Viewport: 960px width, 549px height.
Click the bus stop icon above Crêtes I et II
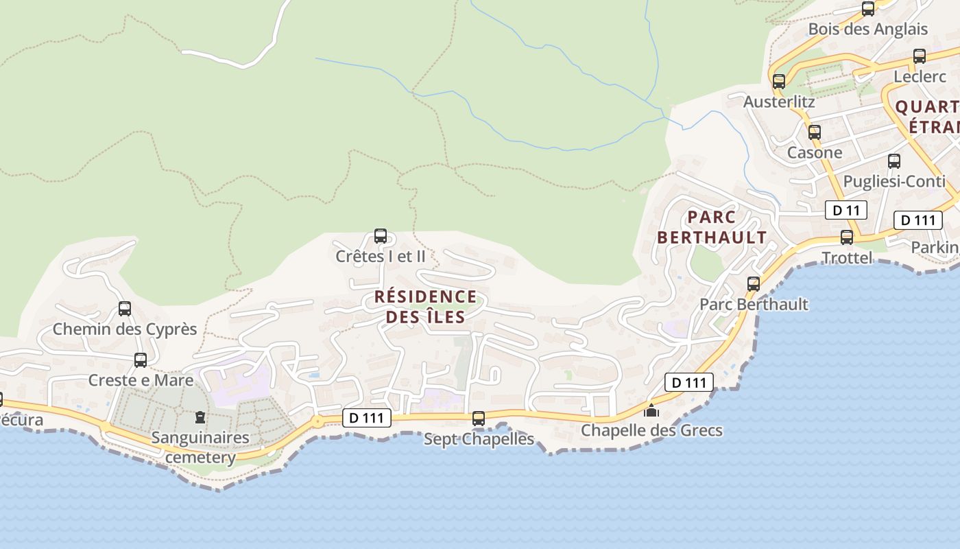(x=380, y=236)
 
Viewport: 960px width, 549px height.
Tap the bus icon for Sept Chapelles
(x=479, y=418)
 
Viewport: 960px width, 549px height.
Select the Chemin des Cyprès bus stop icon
(x=124, y=309)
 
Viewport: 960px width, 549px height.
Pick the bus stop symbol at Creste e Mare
(x=141, y=360)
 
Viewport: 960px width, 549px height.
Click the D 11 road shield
(x=846, y=210)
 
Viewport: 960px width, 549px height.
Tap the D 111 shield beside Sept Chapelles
(x=367, y=417)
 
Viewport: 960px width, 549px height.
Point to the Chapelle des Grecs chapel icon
(x=651, y=410)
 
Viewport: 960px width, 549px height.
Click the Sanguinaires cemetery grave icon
(x=200, y=417)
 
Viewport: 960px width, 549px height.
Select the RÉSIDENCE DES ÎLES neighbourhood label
(x=425, y=307)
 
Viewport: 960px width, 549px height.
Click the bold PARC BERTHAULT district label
(x=712, y=228)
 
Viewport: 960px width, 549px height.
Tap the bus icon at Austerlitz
(x=778, y=81)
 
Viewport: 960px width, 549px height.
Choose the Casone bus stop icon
(x=814, y=132)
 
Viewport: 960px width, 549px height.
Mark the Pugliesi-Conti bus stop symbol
(x=893, y=161)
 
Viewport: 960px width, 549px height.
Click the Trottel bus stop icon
(x=847, y=237)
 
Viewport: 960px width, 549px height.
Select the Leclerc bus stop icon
(x=919, y=56)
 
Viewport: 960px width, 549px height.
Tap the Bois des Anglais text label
(x=867, y=29)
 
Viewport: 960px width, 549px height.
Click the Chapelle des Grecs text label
(x=651, y=430)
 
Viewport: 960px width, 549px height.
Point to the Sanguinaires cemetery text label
(x=200, y=447)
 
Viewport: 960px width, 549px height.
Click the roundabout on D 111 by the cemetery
(x=317, y=421)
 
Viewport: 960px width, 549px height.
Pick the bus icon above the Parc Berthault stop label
(x=753, y=283)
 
